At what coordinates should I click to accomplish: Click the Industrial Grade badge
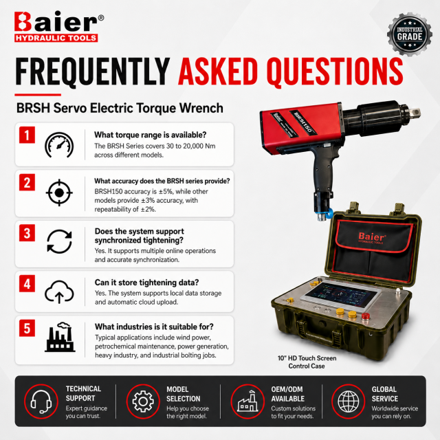click(410, 34)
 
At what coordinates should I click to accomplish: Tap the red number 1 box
click(27, 135)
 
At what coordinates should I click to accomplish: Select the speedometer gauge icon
click(59, 145)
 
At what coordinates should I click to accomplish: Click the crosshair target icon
click(59, 192)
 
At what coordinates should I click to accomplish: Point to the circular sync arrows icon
click(59, 241)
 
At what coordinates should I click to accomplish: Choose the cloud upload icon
click(59, 291)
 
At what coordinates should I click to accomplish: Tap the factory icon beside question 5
click(60, 337)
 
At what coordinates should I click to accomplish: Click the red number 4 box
click(27, 283)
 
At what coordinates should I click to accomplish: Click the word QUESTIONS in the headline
click(335, 71)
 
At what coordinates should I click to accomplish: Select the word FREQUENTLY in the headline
click(93, 71)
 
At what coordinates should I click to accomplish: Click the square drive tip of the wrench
click(415, 113)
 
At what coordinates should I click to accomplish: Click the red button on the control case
click(365, 316)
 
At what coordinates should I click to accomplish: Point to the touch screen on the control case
click(341, 295)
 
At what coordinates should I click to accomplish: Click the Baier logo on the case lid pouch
click(372, 238)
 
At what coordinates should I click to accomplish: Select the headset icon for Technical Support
click(41, 401)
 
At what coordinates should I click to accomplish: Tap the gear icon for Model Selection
click(143, 401)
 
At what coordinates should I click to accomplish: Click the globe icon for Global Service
click(349, 401)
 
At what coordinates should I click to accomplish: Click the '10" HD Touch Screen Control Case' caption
click(307, 362)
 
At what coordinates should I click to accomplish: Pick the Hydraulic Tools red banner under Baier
click(56, 38)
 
